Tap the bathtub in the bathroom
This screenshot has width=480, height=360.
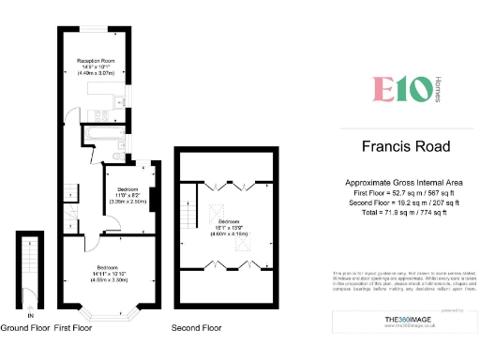[97, 136]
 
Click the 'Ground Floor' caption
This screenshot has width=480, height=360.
[25, 328]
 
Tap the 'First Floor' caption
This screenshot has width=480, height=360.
[76, 328]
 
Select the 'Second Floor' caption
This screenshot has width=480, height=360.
[197, 328]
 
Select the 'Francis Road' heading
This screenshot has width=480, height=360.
[406, 146]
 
